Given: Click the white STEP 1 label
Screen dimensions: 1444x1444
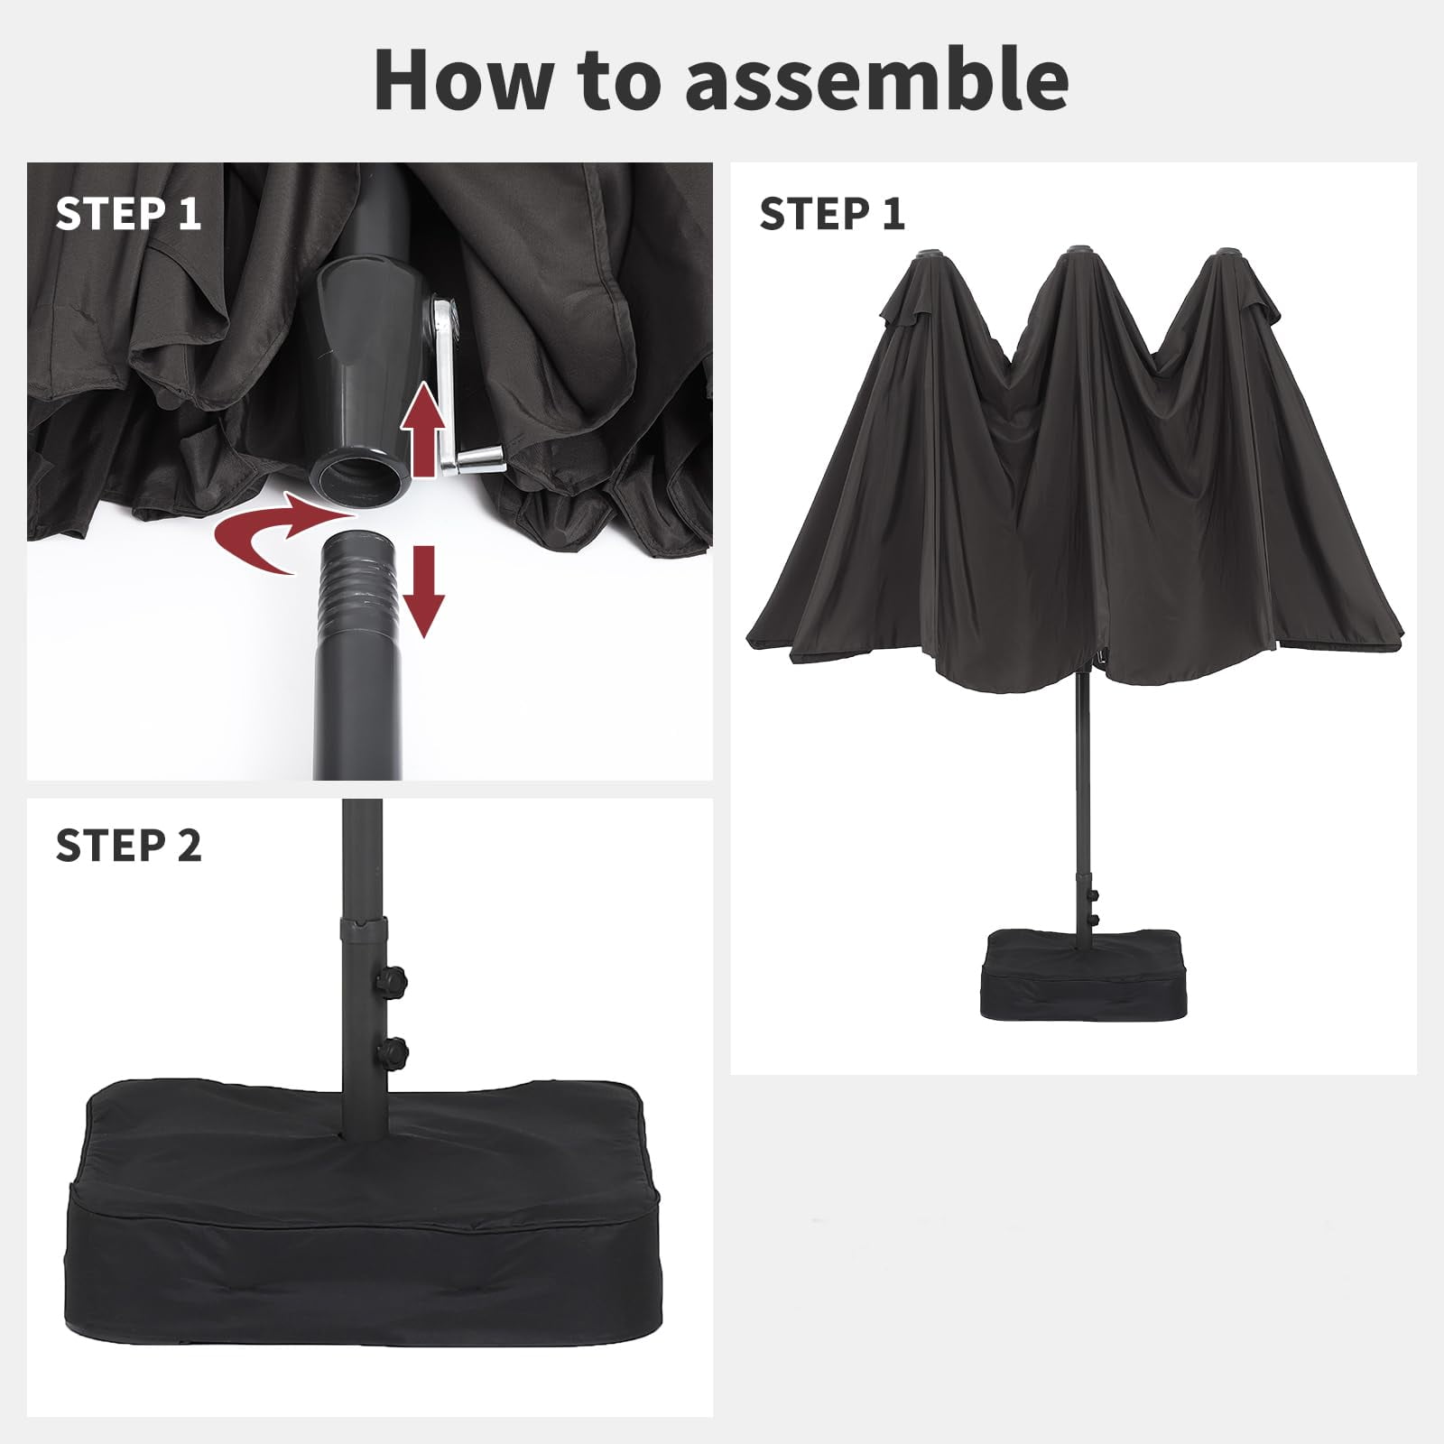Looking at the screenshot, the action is pyautogui.click(x=128, y=214).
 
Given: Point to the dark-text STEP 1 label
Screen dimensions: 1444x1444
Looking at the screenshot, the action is pyautogui.click(x=832, y=214).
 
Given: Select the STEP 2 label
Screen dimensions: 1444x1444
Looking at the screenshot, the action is pyautogui.click(x=129, y=846).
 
